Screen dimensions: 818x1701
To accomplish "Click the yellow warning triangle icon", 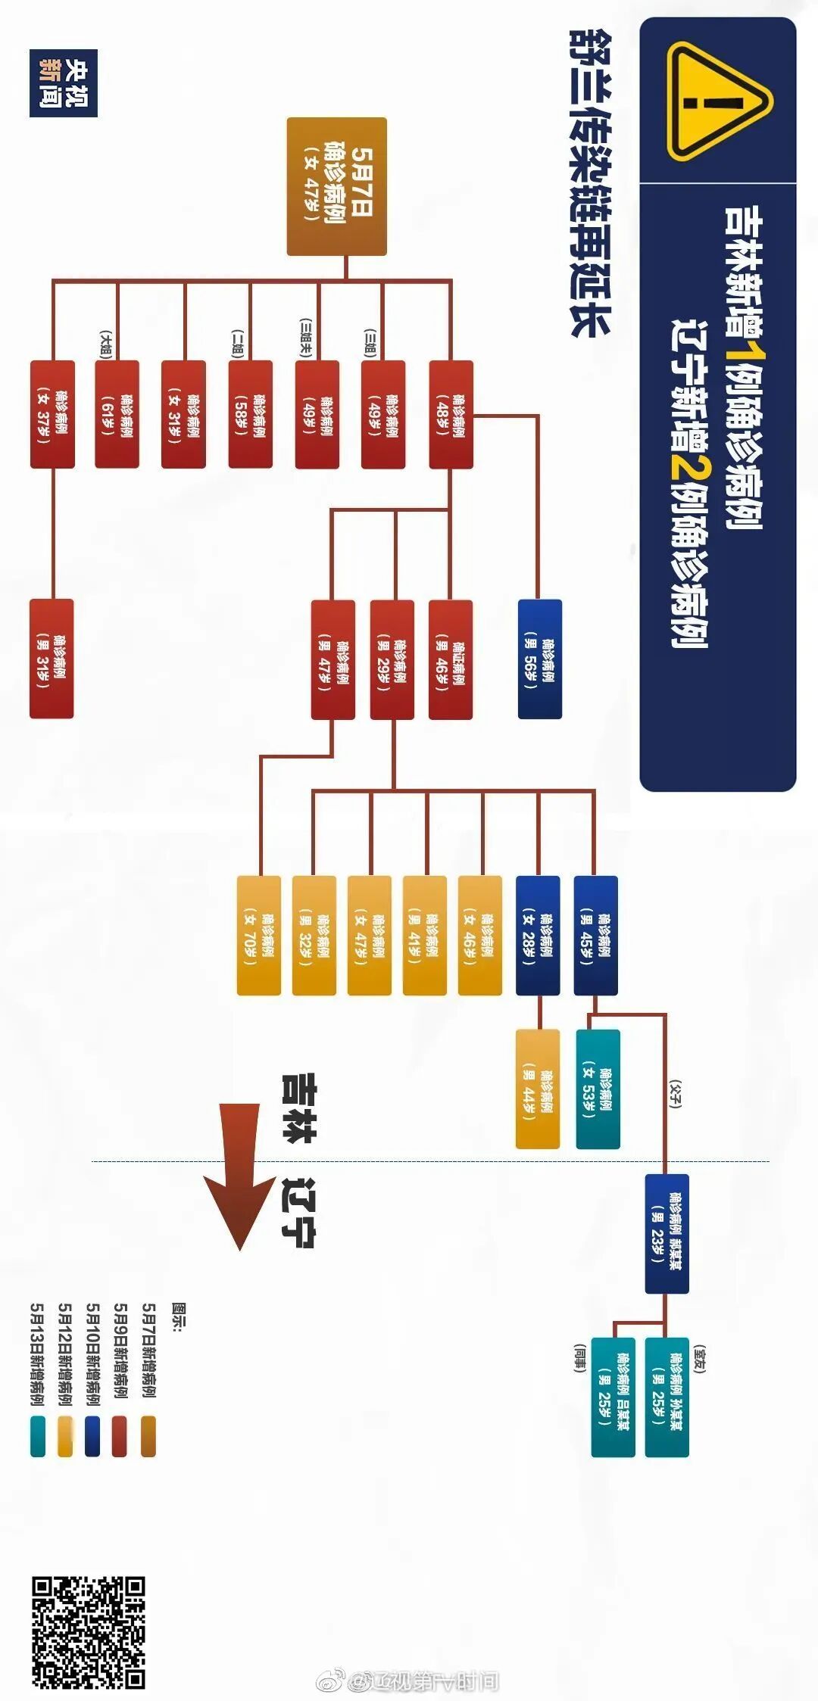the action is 718,101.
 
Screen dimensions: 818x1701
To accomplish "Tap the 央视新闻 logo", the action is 64,83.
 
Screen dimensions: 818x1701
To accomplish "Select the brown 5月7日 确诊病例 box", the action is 337,186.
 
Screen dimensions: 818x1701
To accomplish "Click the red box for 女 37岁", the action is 52,414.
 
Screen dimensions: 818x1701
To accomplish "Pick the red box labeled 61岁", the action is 117,414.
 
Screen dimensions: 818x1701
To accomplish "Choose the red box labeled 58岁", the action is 251,414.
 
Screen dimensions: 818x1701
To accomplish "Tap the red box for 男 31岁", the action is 52,658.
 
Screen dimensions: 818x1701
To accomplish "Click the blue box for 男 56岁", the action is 540,658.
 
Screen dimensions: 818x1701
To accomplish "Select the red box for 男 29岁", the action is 392,659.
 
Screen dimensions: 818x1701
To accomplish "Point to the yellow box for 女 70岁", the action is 259,935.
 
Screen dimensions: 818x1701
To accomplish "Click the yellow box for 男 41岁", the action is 425,935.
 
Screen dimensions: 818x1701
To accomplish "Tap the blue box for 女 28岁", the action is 538,935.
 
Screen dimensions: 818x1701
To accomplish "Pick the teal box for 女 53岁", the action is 598,1089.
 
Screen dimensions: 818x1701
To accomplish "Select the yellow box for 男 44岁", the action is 538,1089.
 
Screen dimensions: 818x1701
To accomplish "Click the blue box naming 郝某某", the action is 667,1233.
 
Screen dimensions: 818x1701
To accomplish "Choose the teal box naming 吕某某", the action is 613,1397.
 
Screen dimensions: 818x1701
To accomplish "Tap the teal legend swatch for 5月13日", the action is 38,1435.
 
